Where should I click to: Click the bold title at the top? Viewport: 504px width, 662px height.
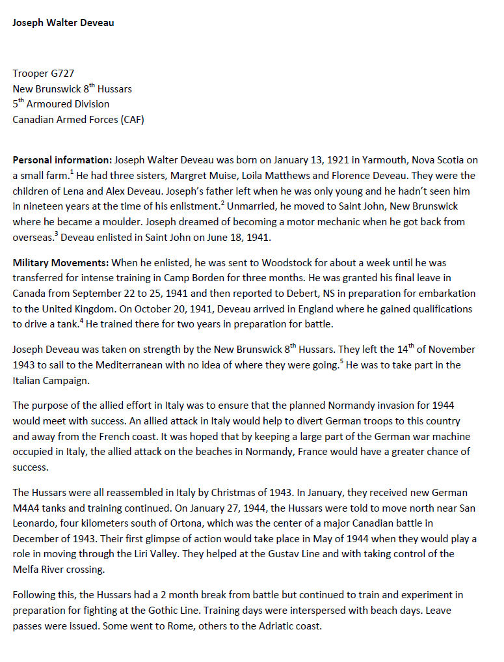(x=63, y=23)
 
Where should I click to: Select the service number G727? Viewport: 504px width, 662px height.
(x=66, y=74)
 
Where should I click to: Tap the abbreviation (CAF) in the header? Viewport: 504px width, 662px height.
(x=130, y=119)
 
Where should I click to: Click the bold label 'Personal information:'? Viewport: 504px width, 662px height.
(x=62, y=160)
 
